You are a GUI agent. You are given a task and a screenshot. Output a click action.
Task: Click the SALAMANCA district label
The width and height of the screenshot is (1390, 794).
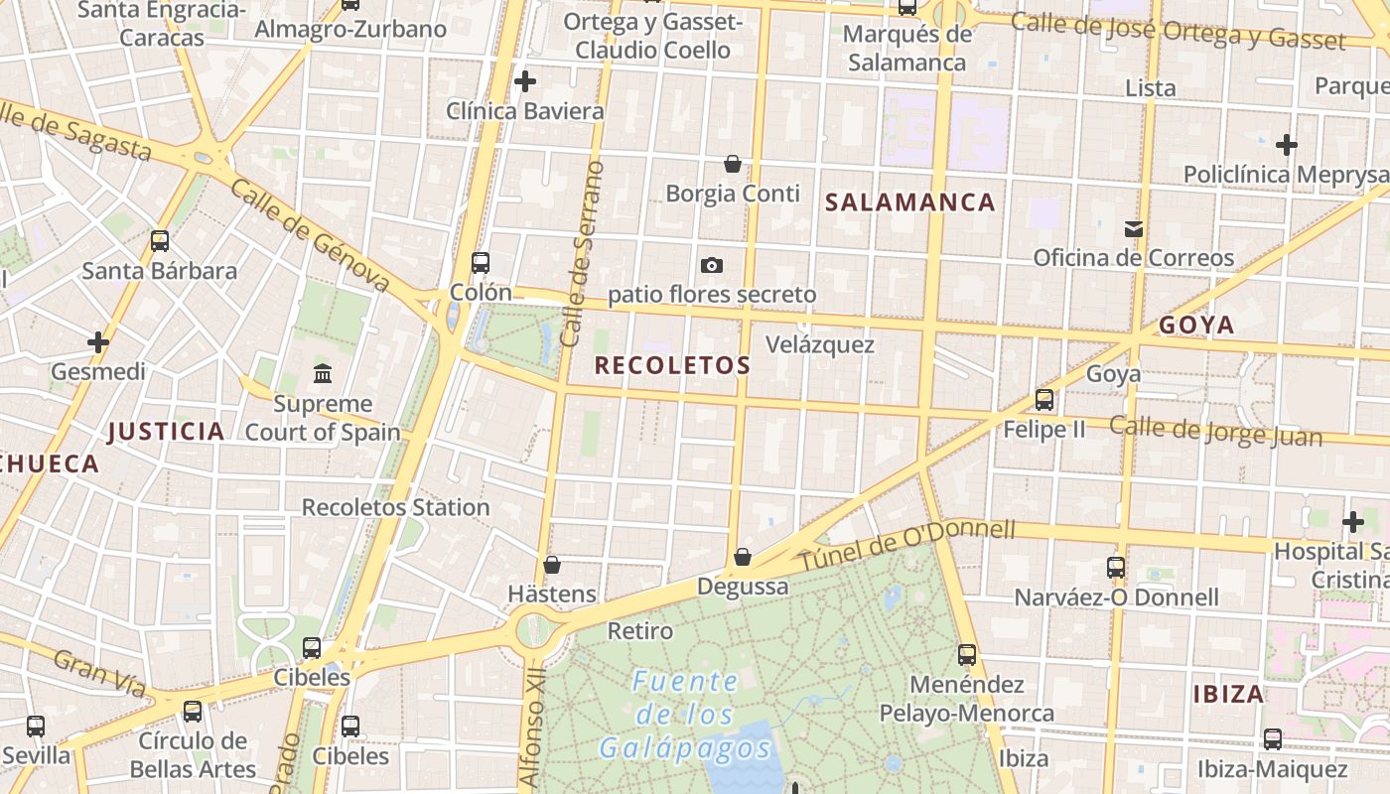(910, 202)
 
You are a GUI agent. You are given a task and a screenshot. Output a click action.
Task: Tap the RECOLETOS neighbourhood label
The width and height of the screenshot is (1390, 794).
(672, 365)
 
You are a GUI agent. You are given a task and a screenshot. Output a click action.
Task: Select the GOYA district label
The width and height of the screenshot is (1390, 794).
(1196, 325)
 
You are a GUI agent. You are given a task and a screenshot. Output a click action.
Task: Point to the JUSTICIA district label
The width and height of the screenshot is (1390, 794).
(166, 431)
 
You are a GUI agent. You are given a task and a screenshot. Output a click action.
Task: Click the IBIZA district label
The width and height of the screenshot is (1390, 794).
(1228, 694)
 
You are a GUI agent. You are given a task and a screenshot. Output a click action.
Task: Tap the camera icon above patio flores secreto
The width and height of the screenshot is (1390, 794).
(711, 265)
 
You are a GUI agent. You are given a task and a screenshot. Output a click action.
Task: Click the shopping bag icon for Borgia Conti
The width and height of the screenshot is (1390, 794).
(733, 164)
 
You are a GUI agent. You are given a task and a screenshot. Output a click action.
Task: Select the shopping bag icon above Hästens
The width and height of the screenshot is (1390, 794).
(552, 565)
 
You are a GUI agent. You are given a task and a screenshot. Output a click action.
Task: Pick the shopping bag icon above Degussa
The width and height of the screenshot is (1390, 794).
(742, 557)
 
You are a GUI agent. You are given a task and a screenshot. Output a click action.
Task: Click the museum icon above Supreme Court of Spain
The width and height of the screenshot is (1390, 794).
(323, 374)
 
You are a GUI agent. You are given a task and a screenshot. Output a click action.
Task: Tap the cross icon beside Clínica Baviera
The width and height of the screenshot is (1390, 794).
(525, 81)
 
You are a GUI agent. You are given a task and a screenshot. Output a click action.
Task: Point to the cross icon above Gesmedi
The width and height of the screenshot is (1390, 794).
(98, 342)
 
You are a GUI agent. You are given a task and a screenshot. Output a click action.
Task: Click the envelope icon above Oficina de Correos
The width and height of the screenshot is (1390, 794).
(1133, 229)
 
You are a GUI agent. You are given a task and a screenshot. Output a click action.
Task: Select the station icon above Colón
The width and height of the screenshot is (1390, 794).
(481, 263)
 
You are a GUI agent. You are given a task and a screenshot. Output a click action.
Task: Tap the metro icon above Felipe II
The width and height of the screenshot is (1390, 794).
(1044, 400)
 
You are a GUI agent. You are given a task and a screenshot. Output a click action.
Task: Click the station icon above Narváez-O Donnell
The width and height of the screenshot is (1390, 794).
(1116, 568)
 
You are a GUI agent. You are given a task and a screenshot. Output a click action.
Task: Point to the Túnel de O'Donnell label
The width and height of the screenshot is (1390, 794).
(907, 546)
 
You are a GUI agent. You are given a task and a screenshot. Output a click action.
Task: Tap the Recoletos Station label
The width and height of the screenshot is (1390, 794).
(395, 507)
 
